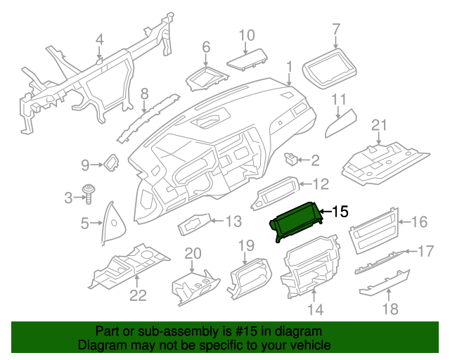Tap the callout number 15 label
(x=340, y=211)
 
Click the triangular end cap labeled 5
(x=110, y=222)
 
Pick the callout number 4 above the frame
(x=99, y=39)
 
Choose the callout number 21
(x=379, y=125)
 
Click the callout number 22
(x=138, y=296)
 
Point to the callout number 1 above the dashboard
(x=288, y=67)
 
